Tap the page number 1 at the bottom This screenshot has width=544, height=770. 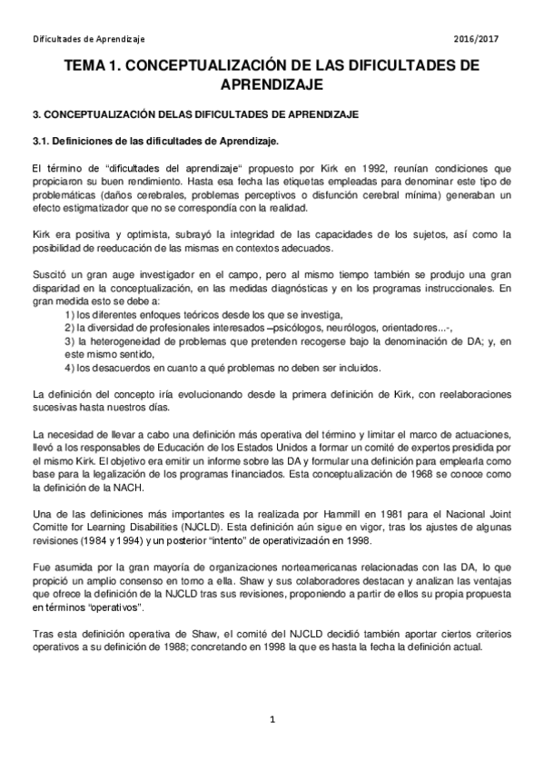[x=272, y=722]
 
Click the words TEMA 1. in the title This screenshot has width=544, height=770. [x=98, y=66]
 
